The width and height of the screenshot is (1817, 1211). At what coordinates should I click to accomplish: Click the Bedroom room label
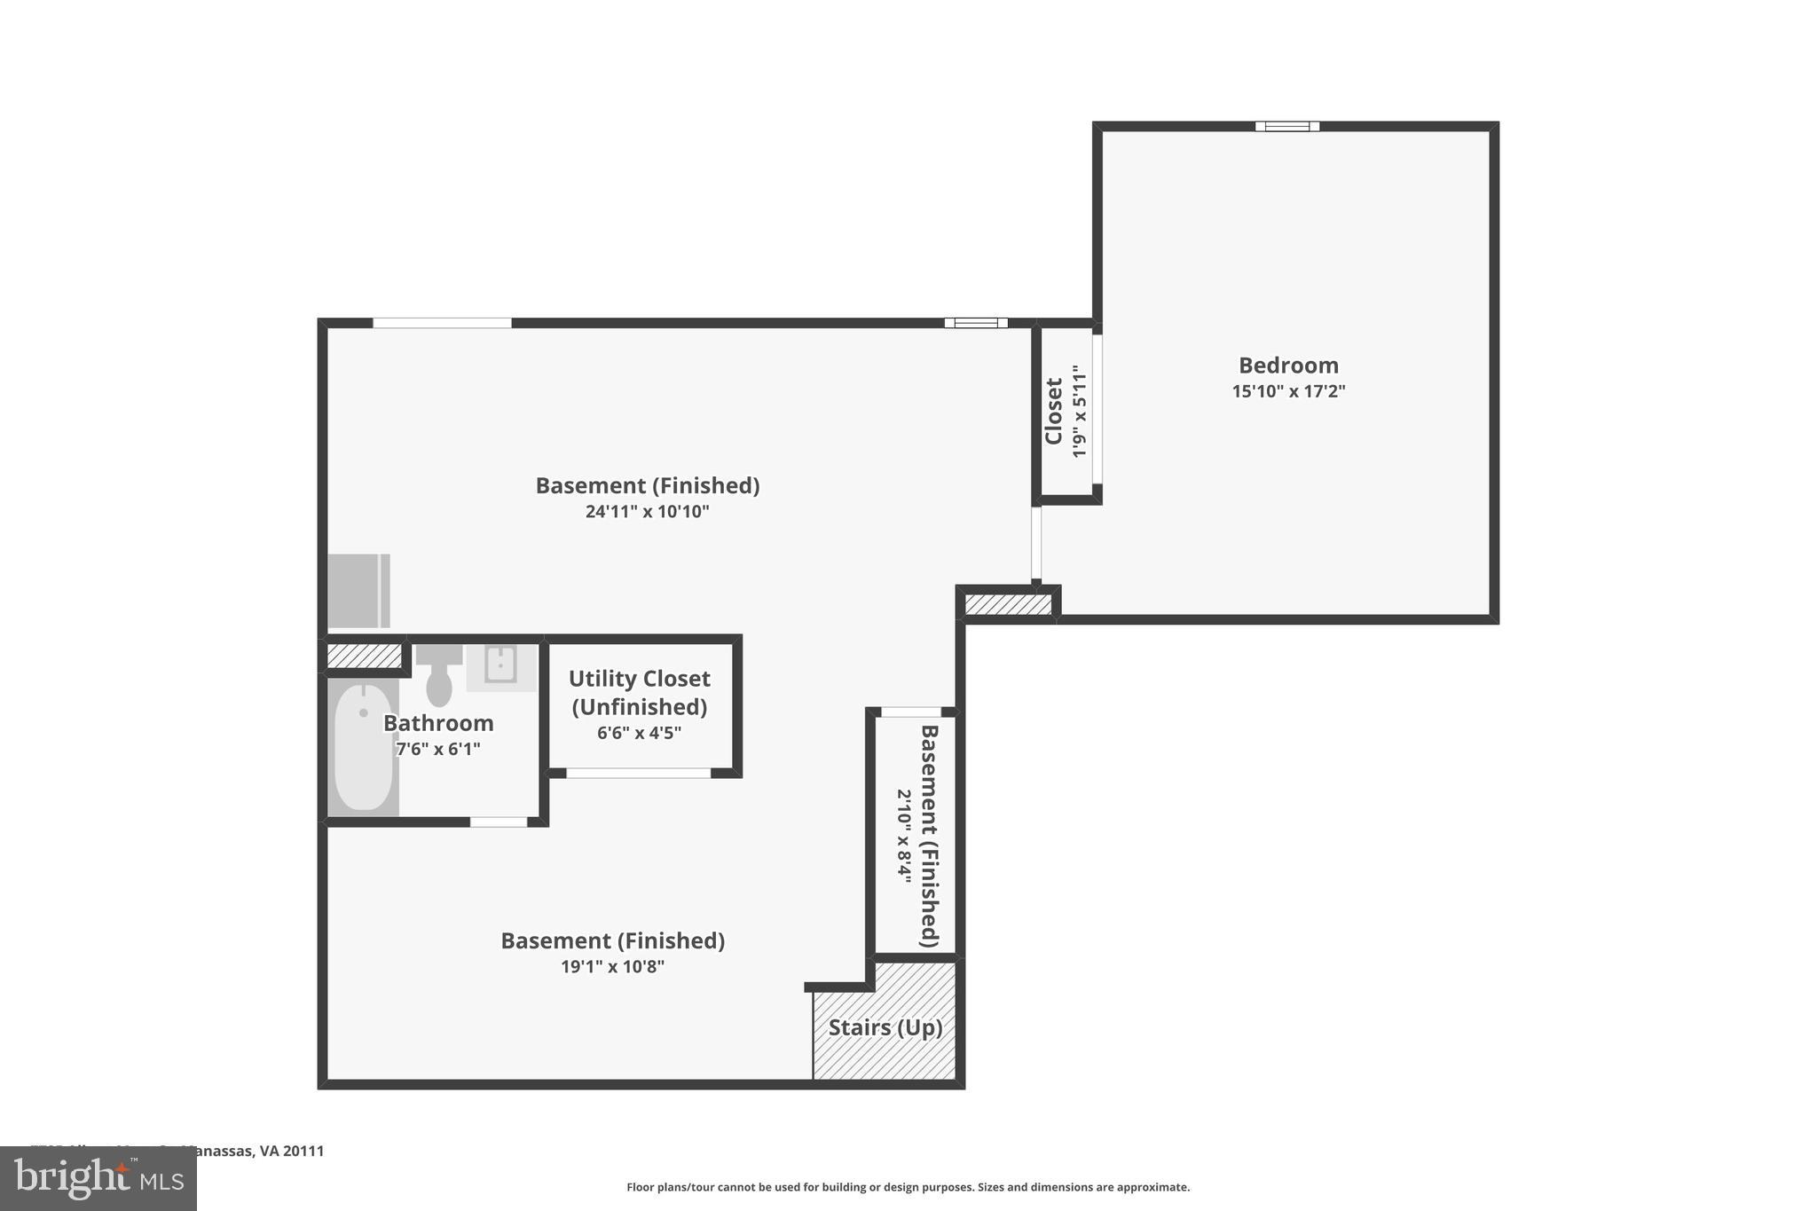tap(1288, 366)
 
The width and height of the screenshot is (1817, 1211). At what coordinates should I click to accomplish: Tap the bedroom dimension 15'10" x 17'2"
tap(1288, 391)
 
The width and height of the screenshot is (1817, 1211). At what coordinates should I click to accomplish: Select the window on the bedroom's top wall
tap(1286, 127)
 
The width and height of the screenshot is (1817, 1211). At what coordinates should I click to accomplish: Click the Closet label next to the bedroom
tap(1054, 411)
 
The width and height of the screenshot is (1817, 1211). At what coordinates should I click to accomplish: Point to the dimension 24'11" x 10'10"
tap(647, 512)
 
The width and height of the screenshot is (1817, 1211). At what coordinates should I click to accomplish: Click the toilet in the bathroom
tap(439, 680)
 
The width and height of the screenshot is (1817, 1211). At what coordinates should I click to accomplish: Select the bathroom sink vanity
tap(501, 665)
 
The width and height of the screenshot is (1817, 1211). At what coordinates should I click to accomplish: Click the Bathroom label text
tap(438, 723)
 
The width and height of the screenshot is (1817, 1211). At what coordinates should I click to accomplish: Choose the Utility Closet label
tap(639, 692)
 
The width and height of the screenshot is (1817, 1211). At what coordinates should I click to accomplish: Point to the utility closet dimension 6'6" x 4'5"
tap(639, 733)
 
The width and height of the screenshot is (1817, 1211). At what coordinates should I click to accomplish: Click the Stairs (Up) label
tap(885, 1027)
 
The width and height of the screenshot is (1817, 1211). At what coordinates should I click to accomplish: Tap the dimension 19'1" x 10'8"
tap(612, 967)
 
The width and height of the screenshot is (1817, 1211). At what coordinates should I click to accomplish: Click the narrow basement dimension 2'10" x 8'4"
tap(903, 833)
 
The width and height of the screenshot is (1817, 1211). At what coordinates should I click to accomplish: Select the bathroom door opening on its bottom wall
tap(499, 822)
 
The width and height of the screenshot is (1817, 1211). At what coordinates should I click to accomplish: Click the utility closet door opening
tap(639, 774)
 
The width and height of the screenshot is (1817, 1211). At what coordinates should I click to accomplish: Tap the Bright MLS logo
tap(98, 1178)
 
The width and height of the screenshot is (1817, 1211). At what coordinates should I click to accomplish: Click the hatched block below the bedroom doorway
tap(1008, 605)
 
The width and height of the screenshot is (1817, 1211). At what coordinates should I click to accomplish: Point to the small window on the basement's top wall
tap(976, 323)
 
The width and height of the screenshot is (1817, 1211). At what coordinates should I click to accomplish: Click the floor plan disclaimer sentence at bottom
tap(908, 1187)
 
